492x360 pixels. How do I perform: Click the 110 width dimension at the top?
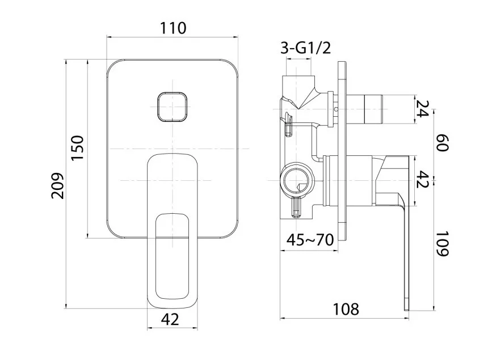[x=173, y=28]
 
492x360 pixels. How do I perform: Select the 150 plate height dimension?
[x=78, y=148]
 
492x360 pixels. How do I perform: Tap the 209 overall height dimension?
[x=57, y=185]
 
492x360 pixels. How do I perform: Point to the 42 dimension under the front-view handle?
[x=170, y=319]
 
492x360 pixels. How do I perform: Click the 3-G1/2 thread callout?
[x=305, y=48]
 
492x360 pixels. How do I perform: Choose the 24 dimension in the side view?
[x=422, y=108]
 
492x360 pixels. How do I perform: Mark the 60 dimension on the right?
[x=442, y=143]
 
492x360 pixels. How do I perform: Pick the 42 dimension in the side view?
[x=422, y=179]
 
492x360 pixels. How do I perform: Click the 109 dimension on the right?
[x=442, y=244]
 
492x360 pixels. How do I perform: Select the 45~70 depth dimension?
[x=310, y=240]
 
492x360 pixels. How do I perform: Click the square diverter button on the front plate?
[x=173, y=107]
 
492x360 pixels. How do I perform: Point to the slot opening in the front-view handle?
[x=173, y=256]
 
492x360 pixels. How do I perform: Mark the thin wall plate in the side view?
[x=342, y=151]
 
